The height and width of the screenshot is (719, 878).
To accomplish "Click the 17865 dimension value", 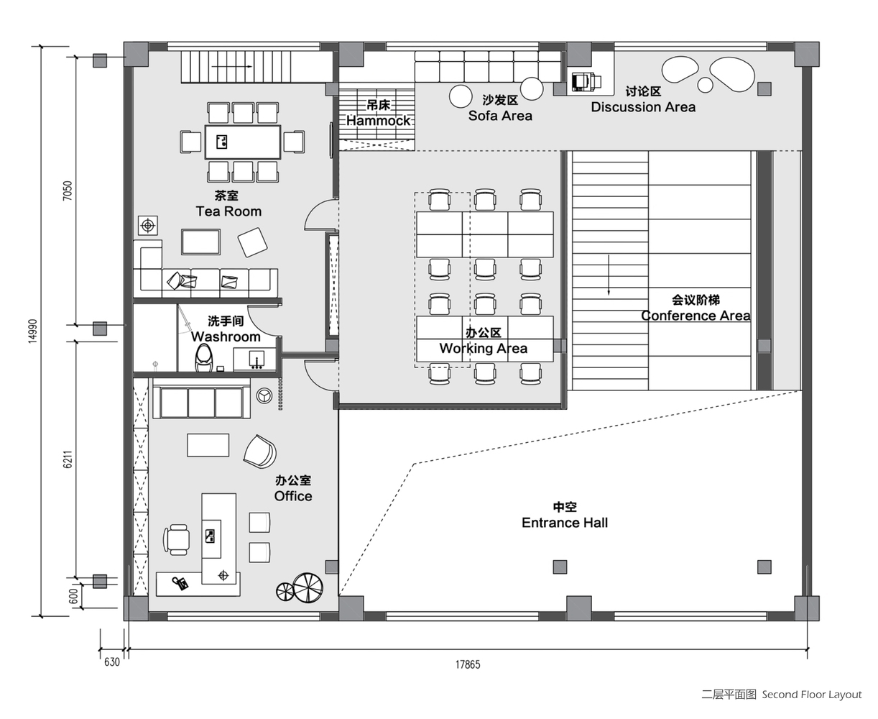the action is pos(468,664).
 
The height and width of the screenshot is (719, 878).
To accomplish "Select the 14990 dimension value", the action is pos(33,331).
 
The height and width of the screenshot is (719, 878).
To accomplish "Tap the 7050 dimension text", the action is pos(68,191).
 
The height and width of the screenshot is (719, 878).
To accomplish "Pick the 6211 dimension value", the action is pos(68,459).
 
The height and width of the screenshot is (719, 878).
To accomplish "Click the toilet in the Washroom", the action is pos(204,357).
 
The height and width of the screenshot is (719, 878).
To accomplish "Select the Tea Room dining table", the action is pos(243,142).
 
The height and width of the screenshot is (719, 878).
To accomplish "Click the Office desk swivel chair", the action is pos(177,539).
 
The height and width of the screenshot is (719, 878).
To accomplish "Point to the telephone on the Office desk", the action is pos(180,583).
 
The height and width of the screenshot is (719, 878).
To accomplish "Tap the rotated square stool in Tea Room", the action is pos(252,242).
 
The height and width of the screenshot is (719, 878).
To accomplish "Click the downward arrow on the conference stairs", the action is pos(609,275).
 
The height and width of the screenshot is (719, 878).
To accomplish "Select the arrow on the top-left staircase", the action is pos(231,66).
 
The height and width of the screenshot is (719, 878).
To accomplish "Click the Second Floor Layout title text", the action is pos(782,695).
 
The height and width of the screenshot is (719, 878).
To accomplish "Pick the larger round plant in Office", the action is pos(308,587).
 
